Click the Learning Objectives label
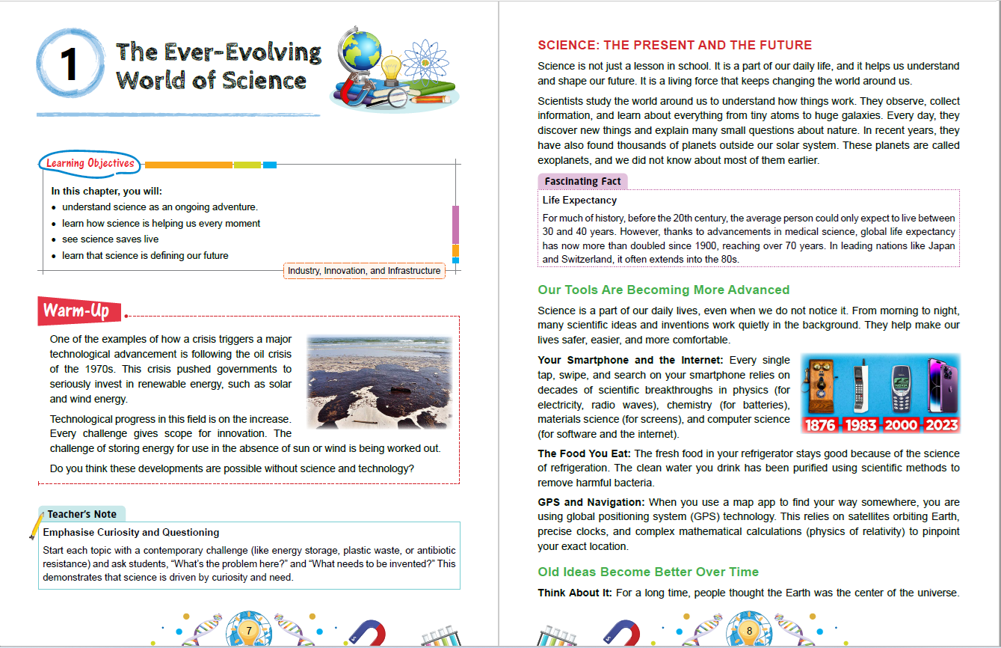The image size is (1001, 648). click(x=90, y=163)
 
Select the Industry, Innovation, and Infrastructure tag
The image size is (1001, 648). click(x=364, y=270)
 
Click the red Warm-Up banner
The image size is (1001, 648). click(x=78, y=311)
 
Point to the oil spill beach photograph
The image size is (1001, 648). click(x=379, y=382)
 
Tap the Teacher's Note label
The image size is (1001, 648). click(x=82, y=514)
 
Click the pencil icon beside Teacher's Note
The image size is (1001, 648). click(x=35, y=525)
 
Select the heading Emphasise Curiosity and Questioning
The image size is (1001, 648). click(x=131, y=532)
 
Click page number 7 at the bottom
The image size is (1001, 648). click(x=248, y=631)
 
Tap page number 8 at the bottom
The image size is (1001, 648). click(x=748, y=631)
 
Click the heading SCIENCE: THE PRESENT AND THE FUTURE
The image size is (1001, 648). click(x=674, y=45)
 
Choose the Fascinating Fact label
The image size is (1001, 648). click(x=582, y=181)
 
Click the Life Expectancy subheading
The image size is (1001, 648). click(x=579, y=200)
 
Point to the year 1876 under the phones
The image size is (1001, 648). click(x=821, y=426)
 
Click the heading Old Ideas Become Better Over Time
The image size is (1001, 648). click(x=648, y=572)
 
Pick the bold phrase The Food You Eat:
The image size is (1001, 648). click(x=585, y=453)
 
